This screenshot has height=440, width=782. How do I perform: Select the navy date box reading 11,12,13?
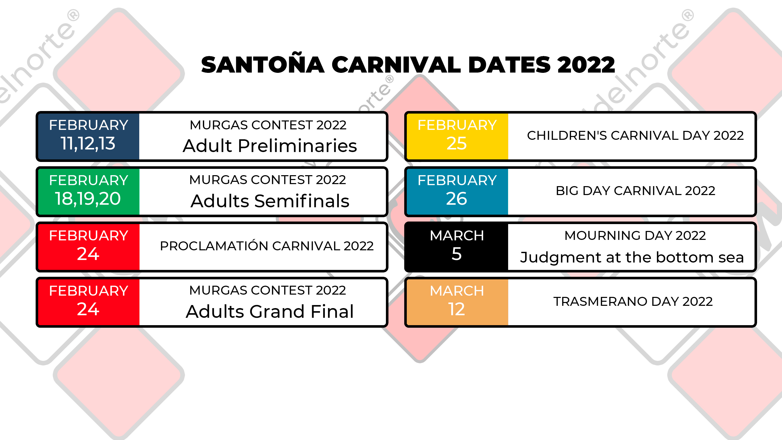tap(88, 136)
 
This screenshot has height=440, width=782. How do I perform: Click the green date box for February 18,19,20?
tap(88, 191)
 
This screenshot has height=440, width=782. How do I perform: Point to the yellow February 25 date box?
tap(457, 136)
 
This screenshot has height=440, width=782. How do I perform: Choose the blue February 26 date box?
tap(457, 191)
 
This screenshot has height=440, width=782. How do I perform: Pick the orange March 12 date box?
tap(457, 302)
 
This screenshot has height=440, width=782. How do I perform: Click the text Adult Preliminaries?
tap(270, 145)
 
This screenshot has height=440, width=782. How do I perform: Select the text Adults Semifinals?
tap(270, 201)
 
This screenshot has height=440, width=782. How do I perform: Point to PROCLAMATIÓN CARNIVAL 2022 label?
tap(267, 246)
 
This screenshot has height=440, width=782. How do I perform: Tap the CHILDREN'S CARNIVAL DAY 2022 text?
tap(635, 135)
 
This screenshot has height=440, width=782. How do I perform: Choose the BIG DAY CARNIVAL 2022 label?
tap(635, 191)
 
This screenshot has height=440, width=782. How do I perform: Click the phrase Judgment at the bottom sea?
tap(632, 257)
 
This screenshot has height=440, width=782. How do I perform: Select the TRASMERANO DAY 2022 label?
tap(633, 301)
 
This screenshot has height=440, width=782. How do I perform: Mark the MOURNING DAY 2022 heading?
tap(635, 235)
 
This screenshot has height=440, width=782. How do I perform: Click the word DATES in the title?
tap(509, 65)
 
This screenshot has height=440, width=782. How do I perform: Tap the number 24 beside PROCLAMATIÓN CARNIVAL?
tap(88, 254)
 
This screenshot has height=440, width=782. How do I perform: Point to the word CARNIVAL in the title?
tap(396, 65)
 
